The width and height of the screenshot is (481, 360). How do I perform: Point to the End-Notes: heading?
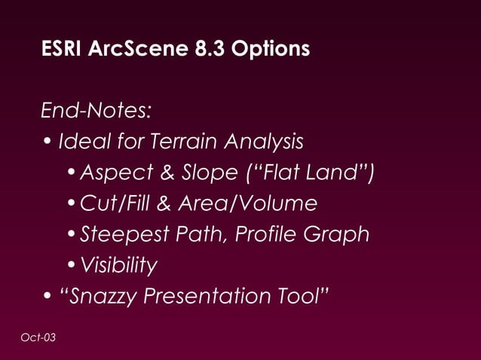[97, 111]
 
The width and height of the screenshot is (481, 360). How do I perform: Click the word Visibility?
[118, 266]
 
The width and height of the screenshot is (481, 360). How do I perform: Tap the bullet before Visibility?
[71, 266]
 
